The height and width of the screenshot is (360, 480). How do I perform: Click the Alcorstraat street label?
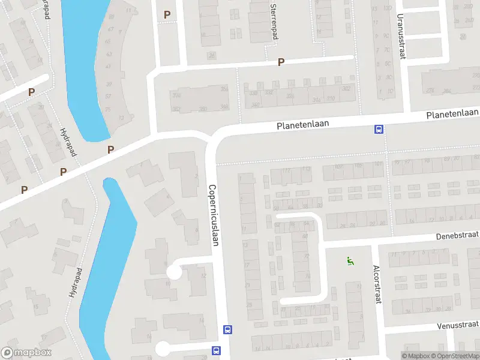[x=377, y=284]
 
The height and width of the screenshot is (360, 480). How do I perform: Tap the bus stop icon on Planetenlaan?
[x=379, y=128]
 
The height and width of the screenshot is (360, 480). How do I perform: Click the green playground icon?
[x=349, y=261]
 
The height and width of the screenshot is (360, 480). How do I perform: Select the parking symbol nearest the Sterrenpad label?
[x=280, y=62]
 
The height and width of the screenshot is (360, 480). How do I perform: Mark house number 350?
[x=203, y=108]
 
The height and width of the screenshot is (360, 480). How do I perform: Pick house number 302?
[x=346, y=89]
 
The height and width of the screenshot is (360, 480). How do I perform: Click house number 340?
[x=256, y=105]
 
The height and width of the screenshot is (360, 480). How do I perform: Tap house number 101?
[x=377, y=164]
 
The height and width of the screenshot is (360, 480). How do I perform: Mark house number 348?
[x=224, y=107]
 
